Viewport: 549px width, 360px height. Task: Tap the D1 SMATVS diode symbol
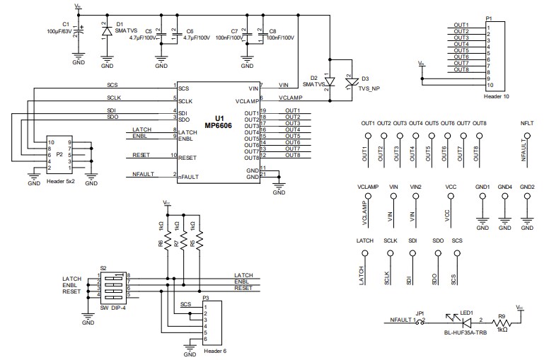coord(106,32)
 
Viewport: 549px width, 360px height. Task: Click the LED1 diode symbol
coord(447,320)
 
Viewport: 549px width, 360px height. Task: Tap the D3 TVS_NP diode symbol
coord(348,82)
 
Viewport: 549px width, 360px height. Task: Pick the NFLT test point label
coord(527,123)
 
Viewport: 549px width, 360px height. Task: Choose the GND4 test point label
coord(504,187)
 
